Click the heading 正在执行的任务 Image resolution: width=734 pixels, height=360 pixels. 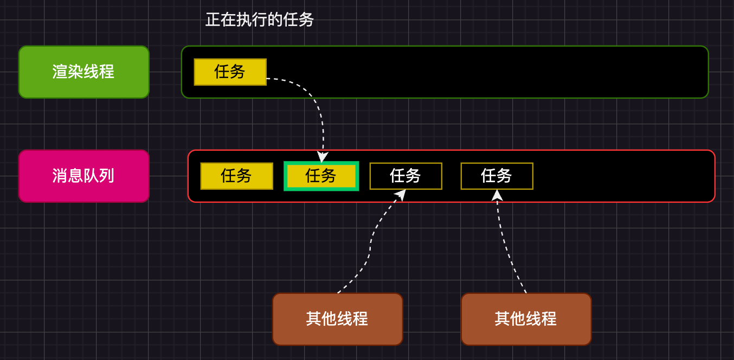coord(260,20)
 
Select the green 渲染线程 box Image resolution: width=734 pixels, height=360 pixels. coord(84,72)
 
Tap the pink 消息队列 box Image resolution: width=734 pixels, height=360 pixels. coord(84,176)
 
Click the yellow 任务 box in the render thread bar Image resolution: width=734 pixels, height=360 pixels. coord(230,72)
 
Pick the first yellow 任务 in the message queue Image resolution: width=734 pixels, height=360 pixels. coord(237,176)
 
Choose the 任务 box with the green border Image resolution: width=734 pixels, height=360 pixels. coord(321,176)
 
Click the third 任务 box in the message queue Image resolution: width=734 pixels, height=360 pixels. coord(406,176)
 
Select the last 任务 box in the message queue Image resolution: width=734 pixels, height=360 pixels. coord(497,176)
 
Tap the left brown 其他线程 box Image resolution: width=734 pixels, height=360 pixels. coord(338,319)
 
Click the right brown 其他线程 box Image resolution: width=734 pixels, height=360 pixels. coord(526,319)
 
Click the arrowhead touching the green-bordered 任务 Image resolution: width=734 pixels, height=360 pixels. coord(323,157)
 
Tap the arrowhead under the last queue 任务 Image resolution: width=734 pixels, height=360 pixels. coord(497,195)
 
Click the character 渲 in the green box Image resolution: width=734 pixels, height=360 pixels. coord(60,72)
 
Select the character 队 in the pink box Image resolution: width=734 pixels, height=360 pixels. coord(92,176)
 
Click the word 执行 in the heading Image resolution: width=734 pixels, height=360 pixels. coord(252,20)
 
